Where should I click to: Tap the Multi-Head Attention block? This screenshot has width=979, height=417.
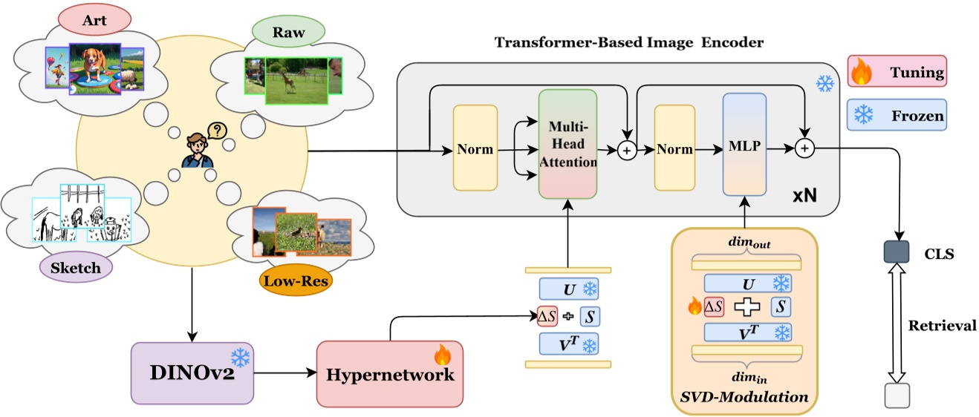tap(567, 145)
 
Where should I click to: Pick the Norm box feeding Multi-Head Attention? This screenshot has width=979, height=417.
tap(475, 149)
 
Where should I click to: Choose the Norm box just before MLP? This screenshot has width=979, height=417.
tap(674, 149)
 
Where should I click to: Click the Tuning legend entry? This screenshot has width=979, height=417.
tap(897, 73)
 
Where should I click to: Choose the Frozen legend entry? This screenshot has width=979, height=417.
tap(897, 115)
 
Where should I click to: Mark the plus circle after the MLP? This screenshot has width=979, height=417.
tap(803, 149)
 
